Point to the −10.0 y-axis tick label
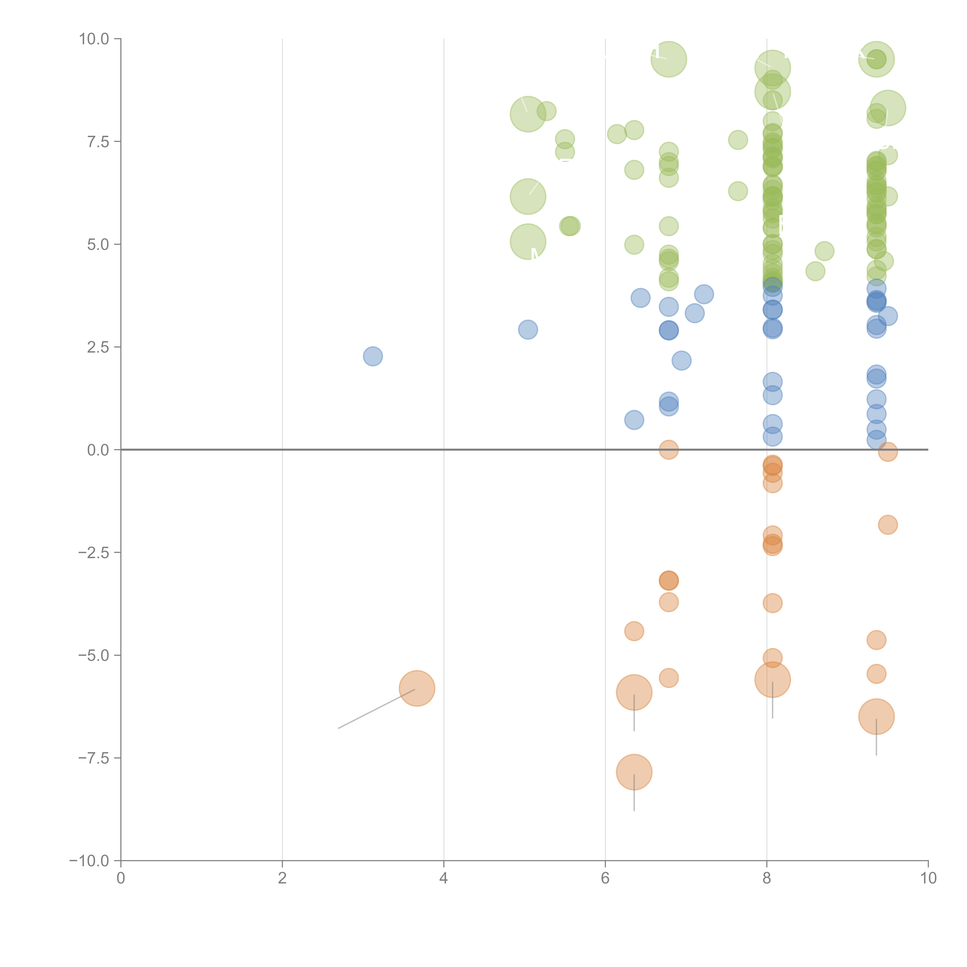[x=89, y=861]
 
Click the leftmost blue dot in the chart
[x=373, y=356]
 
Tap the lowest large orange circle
[x=634, y=772]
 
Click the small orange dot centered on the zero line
[x=669, y=449]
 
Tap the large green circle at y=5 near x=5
[x=528, y=242]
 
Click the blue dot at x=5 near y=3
[x=528, y=329]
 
